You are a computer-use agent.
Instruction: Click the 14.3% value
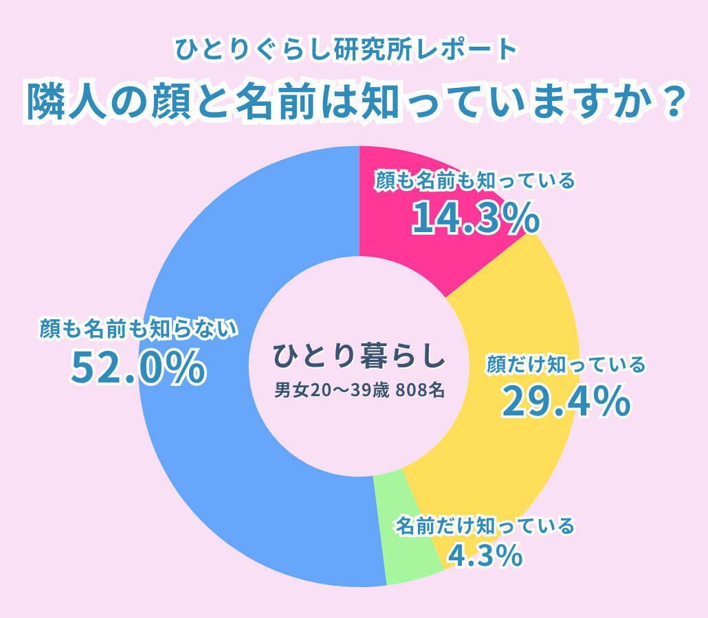(475, 218)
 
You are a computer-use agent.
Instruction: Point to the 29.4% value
(565, 402)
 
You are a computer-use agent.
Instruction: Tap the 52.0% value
(138, 367)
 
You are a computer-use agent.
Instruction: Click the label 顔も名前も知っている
(474, 181)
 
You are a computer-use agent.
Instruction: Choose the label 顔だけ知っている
(566, 364)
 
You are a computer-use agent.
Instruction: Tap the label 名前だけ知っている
(485, 527)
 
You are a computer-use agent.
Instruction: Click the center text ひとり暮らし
(359, 356)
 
